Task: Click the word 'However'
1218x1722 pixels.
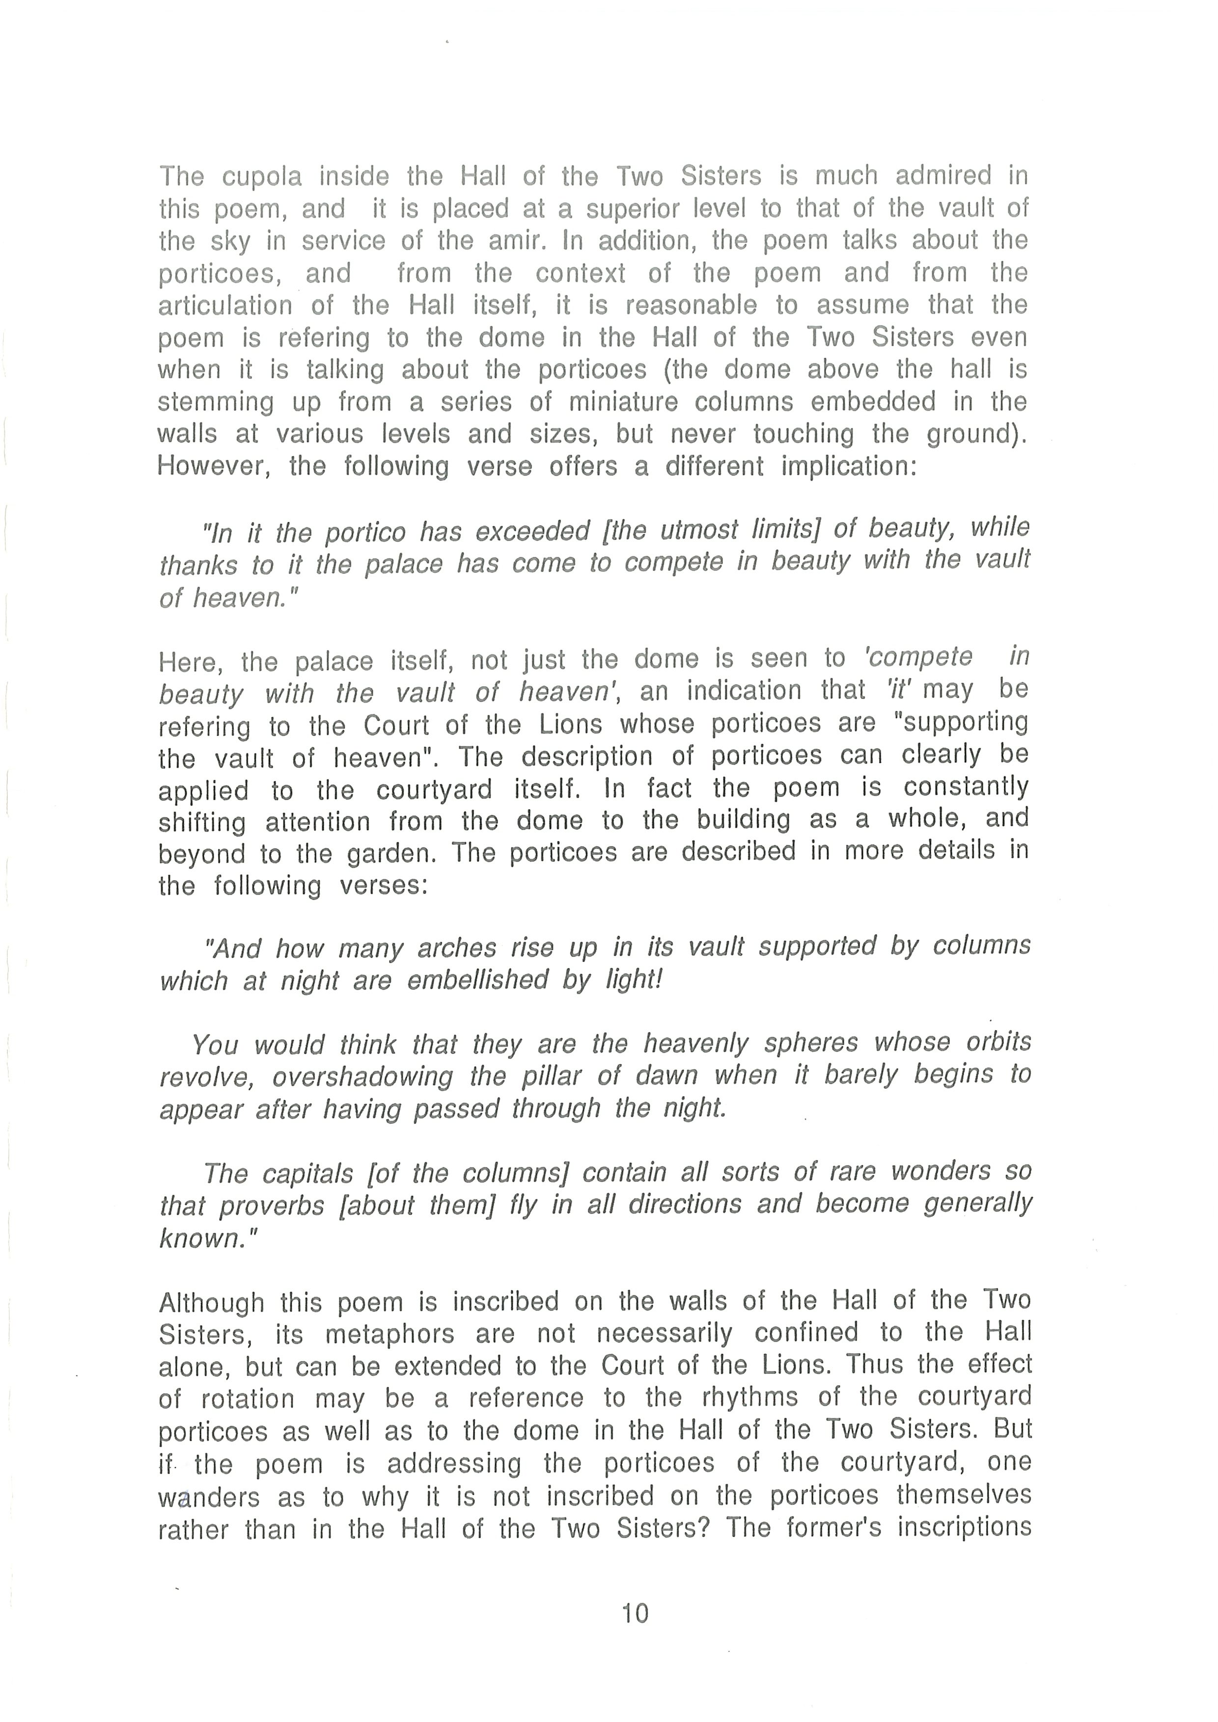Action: [x=207, y=466]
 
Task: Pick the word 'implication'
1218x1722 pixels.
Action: [x=849, y=466]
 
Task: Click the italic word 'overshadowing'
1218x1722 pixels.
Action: [x=363, y=1076]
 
